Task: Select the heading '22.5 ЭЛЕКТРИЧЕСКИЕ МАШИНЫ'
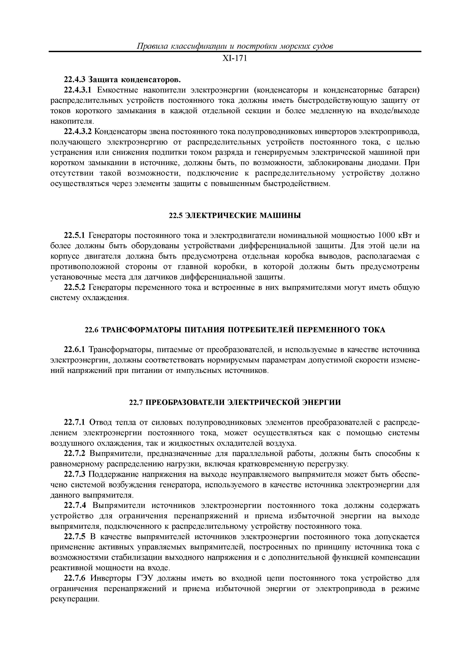coord(235,216)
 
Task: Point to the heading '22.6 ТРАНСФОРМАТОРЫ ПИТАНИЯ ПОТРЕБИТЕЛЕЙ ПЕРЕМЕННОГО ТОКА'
coord(235,330)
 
